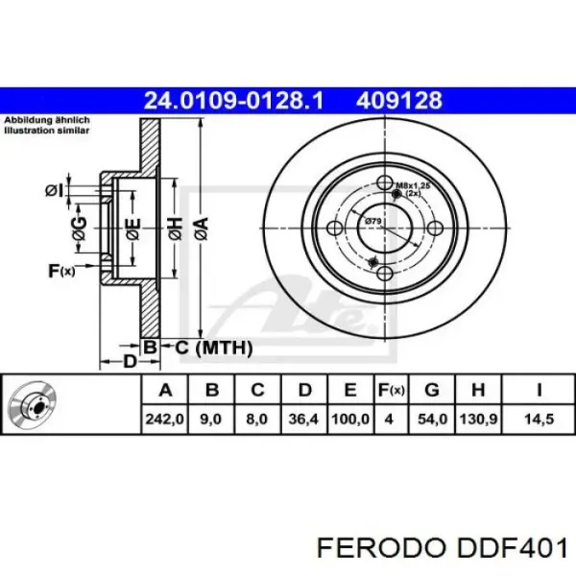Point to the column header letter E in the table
(x=350, y=390)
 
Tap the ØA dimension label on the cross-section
(x=201, y=228)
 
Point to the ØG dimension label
(x=80, y=228)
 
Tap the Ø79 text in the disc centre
(x=372, y=222)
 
